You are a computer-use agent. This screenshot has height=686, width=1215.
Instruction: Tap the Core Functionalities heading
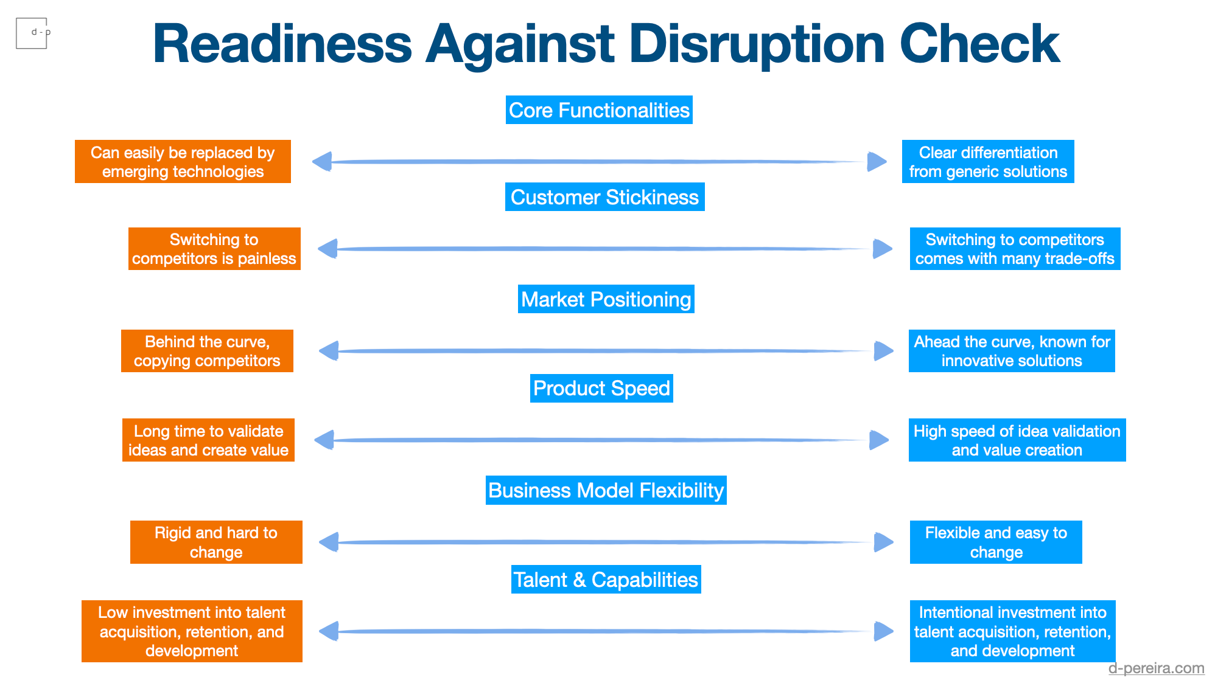599,110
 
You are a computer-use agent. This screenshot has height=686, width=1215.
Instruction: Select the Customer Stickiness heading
604,197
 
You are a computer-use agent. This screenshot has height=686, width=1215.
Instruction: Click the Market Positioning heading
606,299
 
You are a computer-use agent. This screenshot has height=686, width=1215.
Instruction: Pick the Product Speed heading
601,388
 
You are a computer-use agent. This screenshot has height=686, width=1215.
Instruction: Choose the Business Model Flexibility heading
606,490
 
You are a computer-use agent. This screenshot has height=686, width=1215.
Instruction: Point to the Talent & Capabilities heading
606,580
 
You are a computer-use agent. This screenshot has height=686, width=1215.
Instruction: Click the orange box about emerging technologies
183,162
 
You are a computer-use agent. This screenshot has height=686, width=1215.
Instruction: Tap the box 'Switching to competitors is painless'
214,249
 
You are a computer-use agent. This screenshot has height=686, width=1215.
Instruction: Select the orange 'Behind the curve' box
207,351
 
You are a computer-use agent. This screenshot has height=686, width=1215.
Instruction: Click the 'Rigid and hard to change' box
216,542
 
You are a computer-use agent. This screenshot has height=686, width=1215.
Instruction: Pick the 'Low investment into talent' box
192,631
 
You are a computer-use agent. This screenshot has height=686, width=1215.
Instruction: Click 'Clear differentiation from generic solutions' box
988,162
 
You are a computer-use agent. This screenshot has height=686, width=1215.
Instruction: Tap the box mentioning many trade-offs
1015,249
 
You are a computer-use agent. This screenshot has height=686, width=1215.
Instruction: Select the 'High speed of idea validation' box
1017,440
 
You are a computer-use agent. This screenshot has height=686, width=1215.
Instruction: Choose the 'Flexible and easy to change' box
996,542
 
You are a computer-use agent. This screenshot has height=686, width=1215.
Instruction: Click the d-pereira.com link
1156,668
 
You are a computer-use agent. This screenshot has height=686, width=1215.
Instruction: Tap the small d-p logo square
32,33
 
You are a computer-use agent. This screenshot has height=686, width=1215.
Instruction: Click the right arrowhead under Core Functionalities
877,162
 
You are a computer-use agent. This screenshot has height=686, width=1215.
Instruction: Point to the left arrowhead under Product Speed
324,440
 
